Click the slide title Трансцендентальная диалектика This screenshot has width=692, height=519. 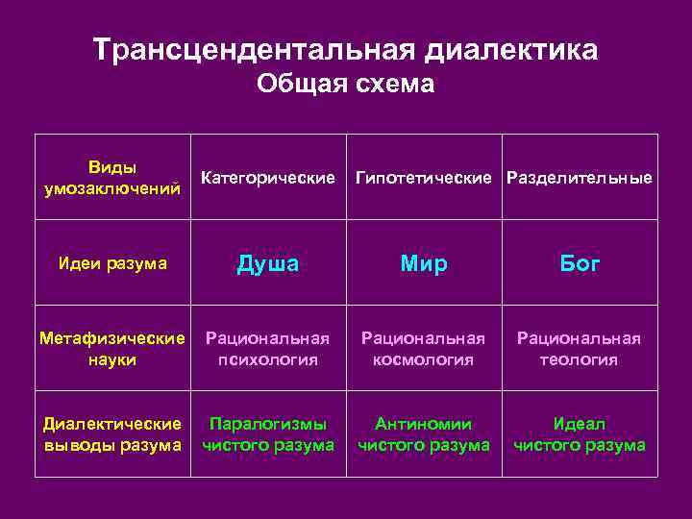pos(345,50)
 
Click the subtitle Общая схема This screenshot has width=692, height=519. pos(345,86)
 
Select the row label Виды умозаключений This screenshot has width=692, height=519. pos(111,178)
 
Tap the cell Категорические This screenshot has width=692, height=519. pos(268,178)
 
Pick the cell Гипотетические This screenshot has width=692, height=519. pos(427,178)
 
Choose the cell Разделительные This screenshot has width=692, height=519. pos(580,178)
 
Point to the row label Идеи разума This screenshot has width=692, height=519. pos(111,263)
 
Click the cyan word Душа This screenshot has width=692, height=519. pos(268,263)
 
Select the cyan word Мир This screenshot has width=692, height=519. pos(424,263)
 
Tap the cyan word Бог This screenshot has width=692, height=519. pos(579,263)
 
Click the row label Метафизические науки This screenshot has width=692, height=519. pos(111,349)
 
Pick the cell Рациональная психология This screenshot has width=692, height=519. pos(268,349)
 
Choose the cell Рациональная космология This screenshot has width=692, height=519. pos(424,349)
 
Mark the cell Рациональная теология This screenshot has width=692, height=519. pos(579,349)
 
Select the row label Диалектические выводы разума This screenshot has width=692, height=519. pos(111,434)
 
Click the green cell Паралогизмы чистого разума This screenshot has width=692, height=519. pos(268,434)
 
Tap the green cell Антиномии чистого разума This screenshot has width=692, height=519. pos(424,434)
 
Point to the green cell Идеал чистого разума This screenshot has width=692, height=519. pos(579,434)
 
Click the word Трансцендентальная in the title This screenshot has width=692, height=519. pos(254,50)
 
